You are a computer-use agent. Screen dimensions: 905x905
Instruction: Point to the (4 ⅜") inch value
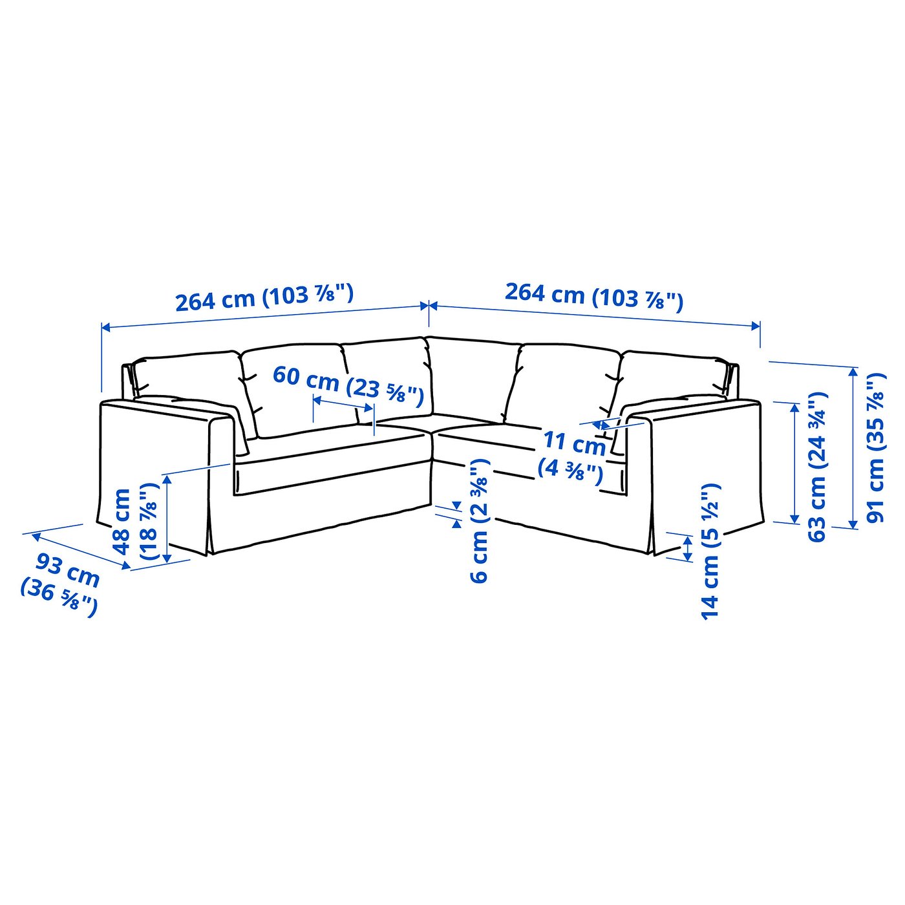(570, 469)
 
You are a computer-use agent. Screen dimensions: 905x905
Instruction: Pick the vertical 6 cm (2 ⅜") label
(480, 521)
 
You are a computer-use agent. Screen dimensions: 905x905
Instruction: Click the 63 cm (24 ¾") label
(817, 466)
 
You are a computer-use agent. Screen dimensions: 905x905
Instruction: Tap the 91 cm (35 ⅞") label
(876, 447)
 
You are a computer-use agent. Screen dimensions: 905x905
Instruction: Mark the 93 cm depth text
(67, 570)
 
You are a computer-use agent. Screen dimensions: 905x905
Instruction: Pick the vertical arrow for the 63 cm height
(794, 463)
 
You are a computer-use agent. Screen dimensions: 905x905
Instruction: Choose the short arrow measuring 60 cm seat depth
(343, 403)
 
